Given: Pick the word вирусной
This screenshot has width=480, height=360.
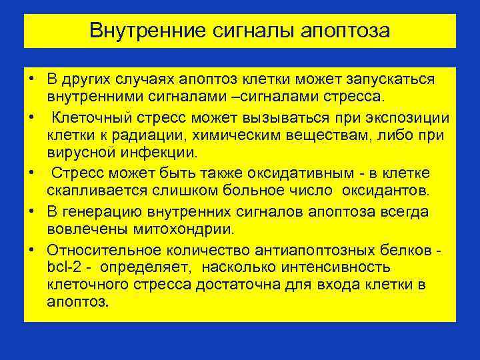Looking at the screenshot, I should tap(77, 153).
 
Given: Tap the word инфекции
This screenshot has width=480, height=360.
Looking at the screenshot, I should tap(155, 153).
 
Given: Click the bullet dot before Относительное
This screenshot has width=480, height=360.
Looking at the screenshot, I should tap(31, 249).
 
